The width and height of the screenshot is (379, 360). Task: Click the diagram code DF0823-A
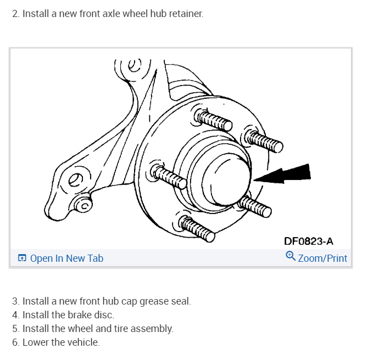coord(308,241)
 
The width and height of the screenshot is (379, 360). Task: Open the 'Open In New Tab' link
coord(66,258)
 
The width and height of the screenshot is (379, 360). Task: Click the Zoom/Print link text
coord(322,258)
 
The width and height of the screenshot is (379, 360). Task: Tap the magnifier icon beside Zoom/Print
coord(291,256)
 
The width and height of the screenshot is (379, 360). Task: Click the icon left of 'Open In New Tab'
coord(22,258)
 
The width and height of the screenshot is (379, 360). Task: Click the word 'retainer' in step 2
coord(186,13)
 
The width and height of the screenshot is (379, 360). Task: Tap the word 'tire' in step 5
coord(122,329)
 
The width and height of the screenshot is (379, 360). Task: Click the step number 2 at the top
coord(15,13)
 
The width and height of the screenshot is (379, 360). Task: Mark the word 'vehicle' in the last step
coord(85,342)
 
